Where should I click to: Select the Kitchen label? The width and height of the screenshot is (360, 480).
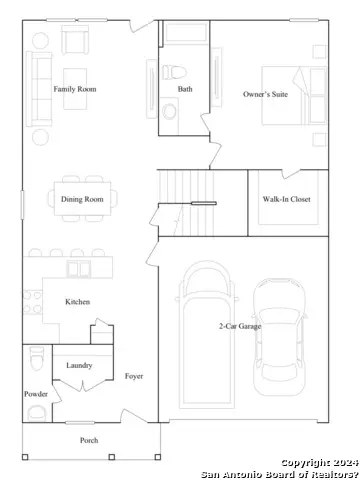[x=79, y=301]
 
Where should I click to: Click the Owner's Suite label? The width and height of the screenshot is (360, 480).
[x=267, y=94]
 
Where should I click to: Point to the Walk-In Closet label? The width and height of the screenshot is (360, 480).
[x=286, y=199]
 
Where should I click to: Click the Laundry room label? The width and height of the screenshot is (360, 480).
[x=80, y=366]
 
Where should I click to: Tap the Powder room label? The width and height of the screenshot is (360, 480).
[x=36, y=394]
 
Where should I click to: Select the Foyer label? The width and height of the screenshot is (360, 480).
[x=134, y=376]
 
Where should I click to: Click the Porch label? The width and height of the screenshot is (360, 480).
[x=90, y=440]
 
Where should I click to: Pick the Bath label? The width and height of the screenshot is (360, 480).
[x=185, y=89]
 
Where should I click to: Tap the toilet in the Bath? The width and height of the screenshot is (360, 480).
[x=172, y=72]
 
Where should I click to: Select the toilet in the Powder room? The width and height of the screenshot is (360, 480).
[x=36, y=358]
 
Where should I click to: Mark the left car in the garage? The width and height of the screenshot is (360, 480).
[x=207, y=330]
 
